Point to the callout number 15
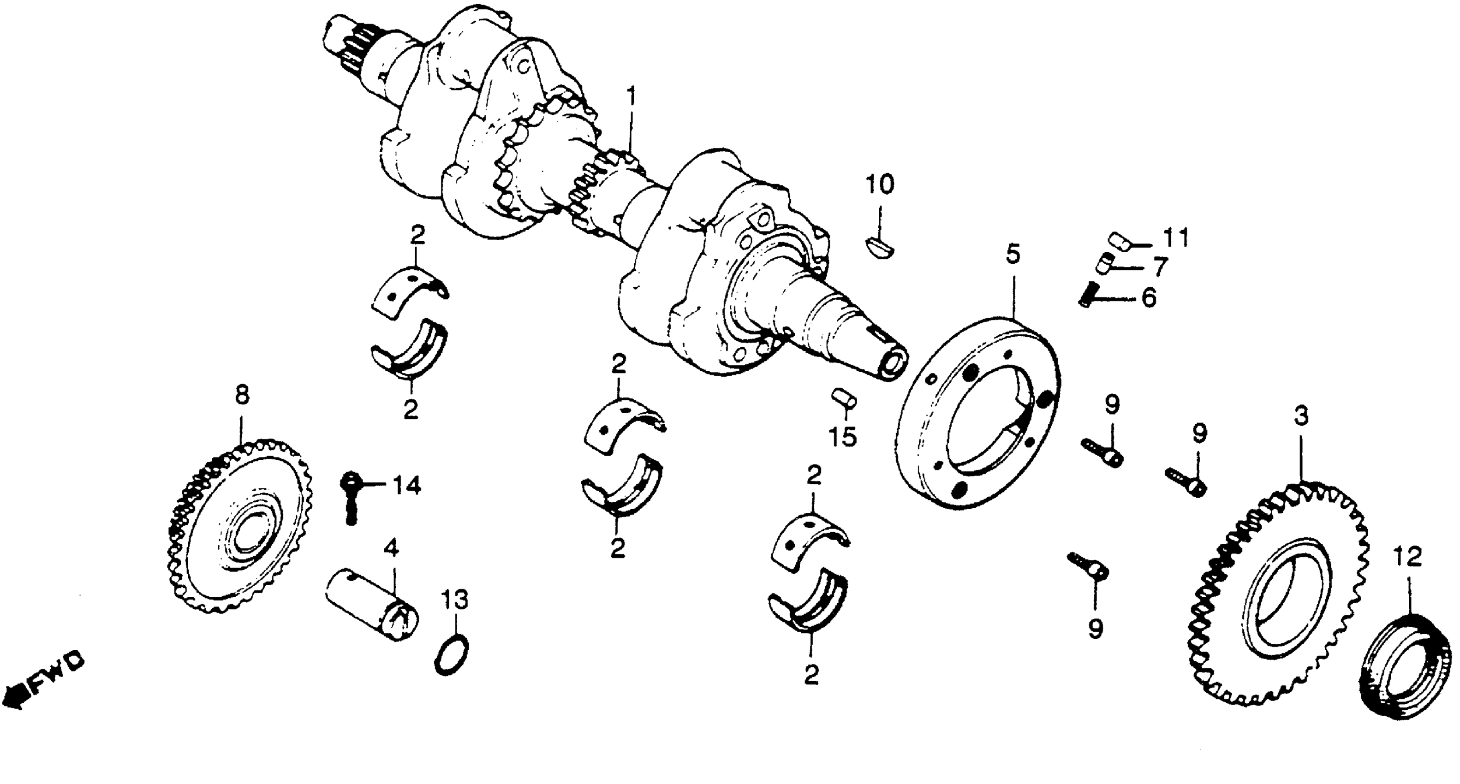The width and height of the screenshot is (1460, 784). pyautogui.click(x=842, y=436)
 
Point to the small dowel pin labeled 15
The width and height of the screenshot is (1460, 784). pyautogui.click(x=844, y=398)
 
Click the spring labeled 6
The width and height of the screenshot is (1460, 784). pyautogui.click(x=1089, y=295)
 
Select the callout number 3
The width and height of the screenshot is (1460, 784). pyautogui.click(x=1301, y=416)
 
